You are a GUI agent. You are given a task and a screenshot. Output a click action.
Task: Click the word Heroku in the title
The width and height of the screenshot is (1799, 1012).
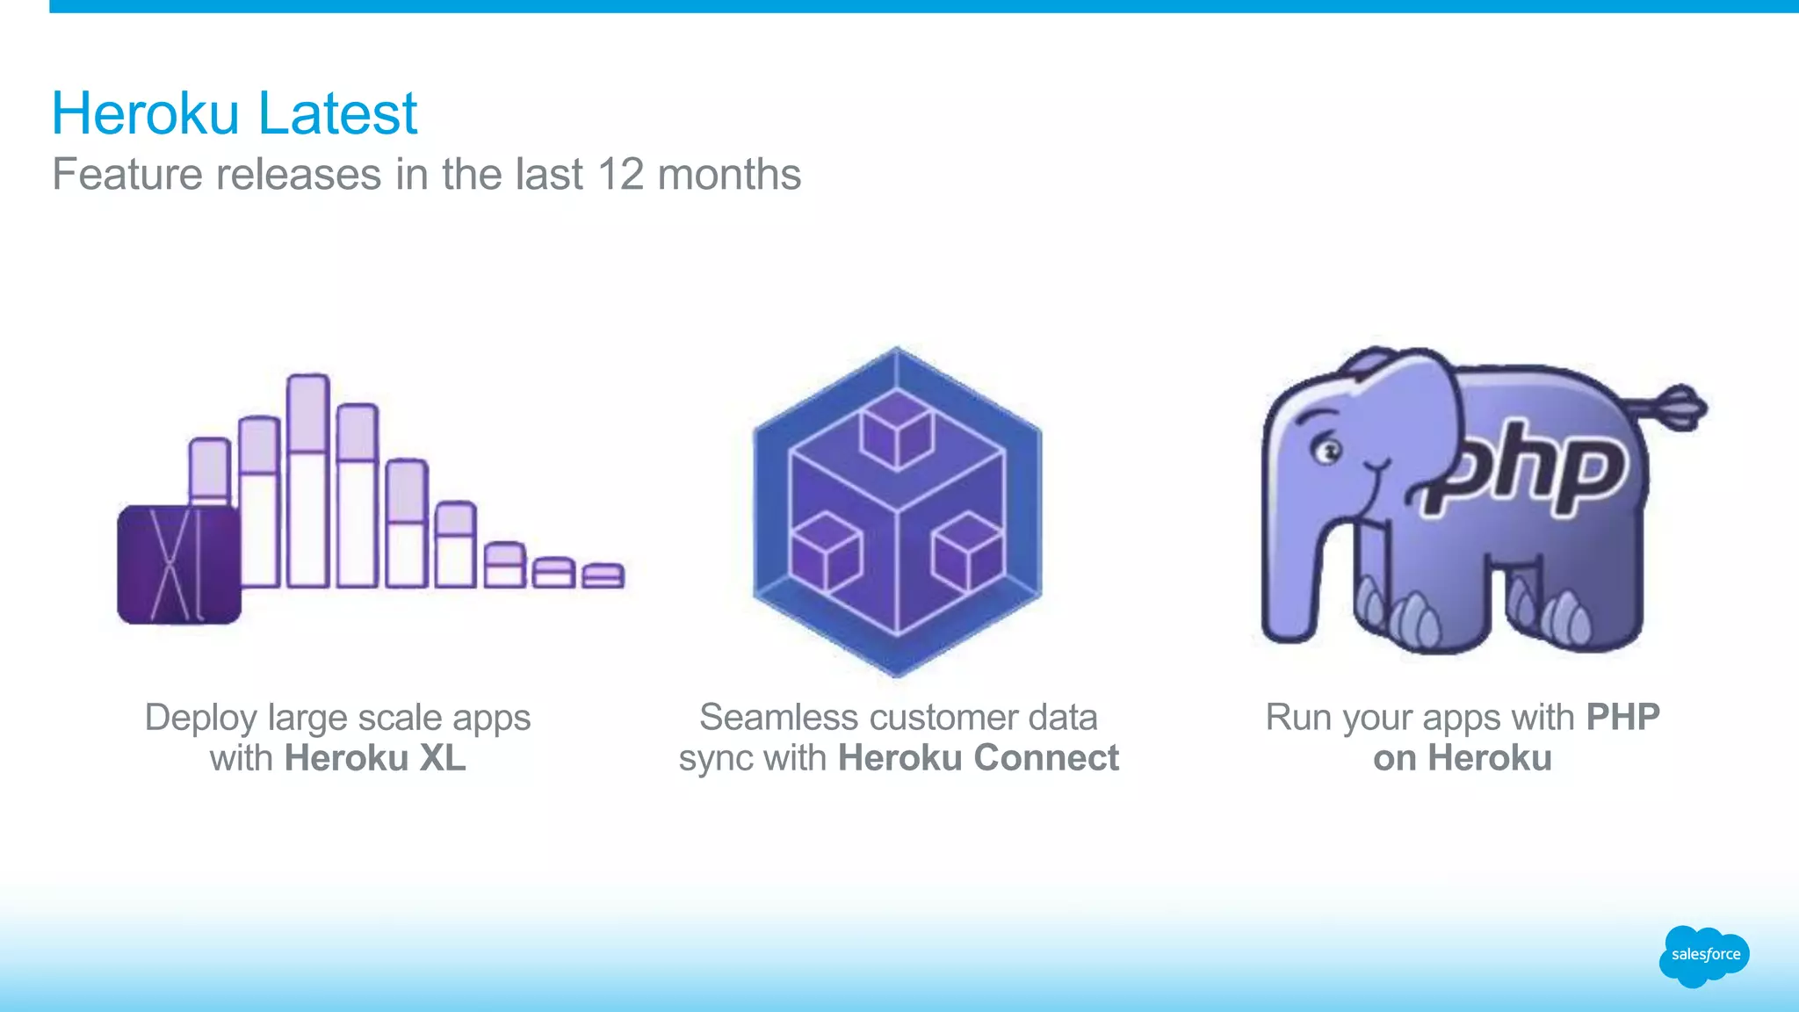[x=145, y=113]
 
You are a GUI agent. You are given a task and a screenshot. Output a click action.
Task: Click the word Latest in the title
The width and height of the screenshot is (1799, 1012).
[x=337, y=113]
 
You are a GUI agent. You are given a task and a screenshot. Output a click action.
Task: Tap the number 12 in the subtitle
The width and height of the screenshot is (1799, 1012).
[x=620, y=174]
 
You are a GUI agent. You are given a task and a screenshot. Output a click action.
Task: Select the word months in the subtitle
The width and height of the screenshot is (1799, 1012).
[x=729, y=174]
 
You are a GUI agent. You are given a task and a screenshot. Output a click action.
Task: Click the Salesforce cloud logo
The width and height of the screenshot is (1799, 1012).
[x=1704, y=955]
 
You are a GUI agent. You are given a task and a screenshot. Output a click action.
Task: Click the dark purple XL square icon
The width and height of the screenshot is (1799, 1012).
[x=179, y=564]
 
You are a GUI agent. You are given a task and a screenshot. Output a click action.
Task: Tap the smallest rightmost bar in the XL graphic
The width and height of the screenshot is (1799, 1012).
[x=603, y=575]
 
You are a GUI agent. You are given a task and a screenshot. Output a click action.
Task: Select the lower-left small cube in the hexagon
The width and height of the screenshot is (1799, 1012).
[x=825, y=552]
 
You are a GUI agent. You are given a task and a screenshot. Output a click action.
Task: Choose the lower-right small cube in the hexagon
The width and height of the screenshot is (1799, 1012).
[x=968, y=552]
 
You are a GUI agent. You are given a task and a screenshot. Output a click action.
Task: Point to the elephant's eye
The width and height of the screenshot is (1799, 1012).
[x=1326, y=452]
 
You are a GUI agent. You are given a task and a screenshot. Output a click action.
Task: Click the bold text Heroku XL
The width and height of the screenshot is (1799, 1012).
[x=375, y=758]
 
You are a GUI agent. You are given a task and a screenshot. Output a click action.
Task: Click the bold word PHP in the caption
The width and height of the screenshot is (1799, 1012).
[x=1622, y=718]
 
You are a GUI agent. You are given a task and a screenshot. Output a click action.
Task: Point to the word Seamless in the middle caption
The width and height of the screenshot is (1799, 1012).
[x=766, y=718]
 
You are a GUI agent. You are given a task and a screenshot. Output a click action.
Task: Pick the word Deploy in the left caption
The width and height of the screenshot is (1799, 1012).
[x=201, y=718]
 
